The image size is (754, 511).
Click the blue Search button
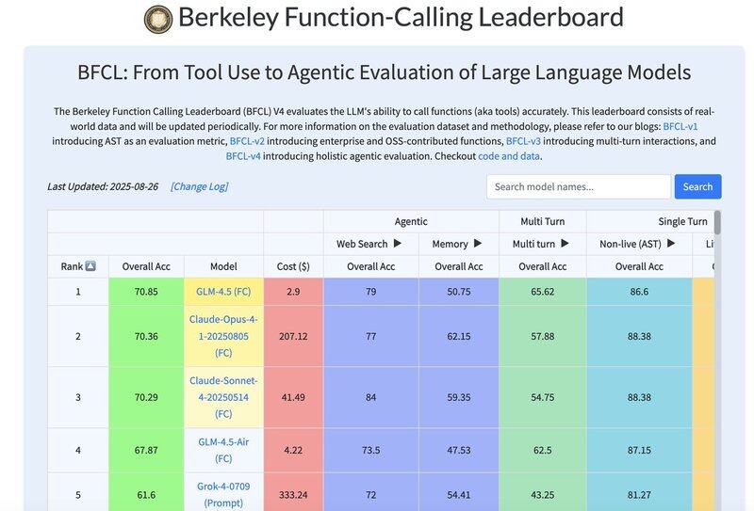[x=697, y=186]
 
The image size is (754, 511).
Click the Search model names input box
[x=579, y=186]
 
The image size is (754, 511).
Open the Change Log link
[x=199, y=186]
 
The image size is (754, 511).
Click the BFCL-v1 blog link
[x=680, y=126]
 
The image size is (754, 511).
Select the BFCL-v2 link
[x=247, y=141]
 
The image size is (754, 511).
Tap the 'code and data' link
[x=509, y=156]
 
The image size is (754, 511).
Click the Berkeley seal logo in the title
[x=158, y=19]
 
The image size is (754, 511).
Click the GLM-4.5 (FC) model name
[x=223, y=292]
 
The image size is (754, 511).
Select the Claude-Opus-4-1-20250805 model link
[x=223, y=336]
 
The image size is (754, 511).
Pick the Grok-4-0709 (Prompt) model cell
[x=223, y=495]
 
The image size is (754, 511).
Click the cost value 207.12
[x=293, y=336]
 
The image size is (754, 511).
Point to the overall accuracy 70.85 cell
[x=146, y=292]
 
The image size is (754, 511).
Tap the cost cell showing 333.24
[x=293, y=495]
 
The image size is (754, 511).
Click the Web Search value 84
[x=370, y=397]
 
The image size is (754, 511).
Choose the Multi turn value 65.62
[x=542, y=292]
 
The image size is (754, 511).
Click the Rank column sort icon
[x=90, y=266]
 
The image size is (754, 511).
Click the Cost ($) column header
[x=293, y=266]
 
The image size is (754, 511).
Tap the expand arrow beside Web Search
[x=397, y=244]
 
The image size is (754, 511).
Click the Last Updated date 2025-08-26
[x=133, y=186]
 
